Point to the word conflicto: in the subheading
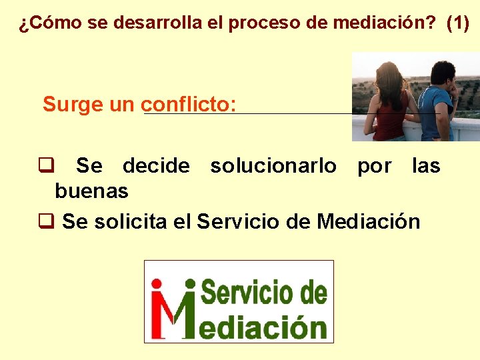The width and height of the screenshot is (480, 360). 189,105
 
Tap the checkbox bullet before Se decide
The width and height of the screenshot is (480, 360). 45,165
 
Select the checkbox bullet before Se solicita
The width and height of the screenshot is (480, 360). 45,221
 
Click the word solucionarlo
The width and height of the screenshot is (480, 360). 273,166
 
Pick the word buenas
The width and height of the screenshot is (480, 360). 91,192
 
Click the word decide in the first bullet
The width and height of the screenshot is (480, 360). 156,166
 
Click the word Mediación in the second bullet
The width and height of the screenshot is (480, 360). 369,221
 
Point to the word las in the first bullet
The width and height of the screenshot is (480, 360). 426,166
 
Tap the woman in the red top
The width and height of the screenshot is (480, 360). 391,100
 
